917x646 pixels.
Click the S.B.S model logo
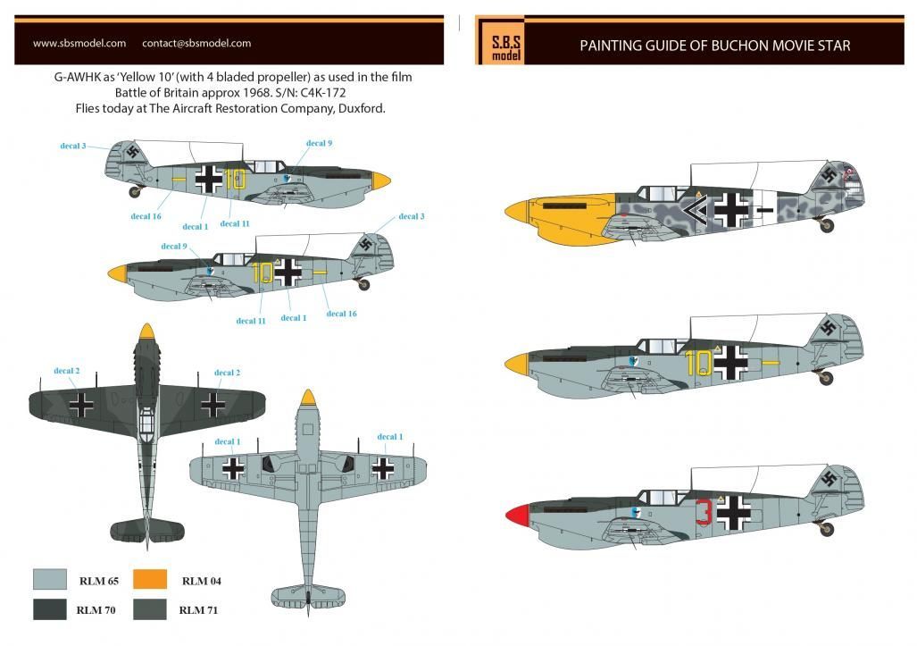pos(501,45)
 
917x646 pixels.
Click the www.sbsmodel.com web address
pos(79,43)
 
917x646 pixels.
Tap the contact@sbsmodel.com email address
pos(196,43)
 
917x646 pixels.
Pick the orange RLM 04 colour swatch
pos(151,581)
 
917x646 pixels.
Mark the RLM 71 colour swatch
pos(151,610)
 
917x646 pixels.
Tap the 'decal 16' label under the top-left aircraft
pos(146,216)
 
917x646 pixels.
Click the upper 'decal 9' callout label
pos(319,143)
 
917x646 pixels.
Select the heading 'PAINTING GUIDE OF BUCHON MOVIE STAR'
pos(714,46)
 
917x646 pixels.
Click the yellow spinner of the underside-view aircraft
pos(308,399)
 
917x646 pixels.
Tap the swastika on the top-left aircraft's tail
pos(132,151)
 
